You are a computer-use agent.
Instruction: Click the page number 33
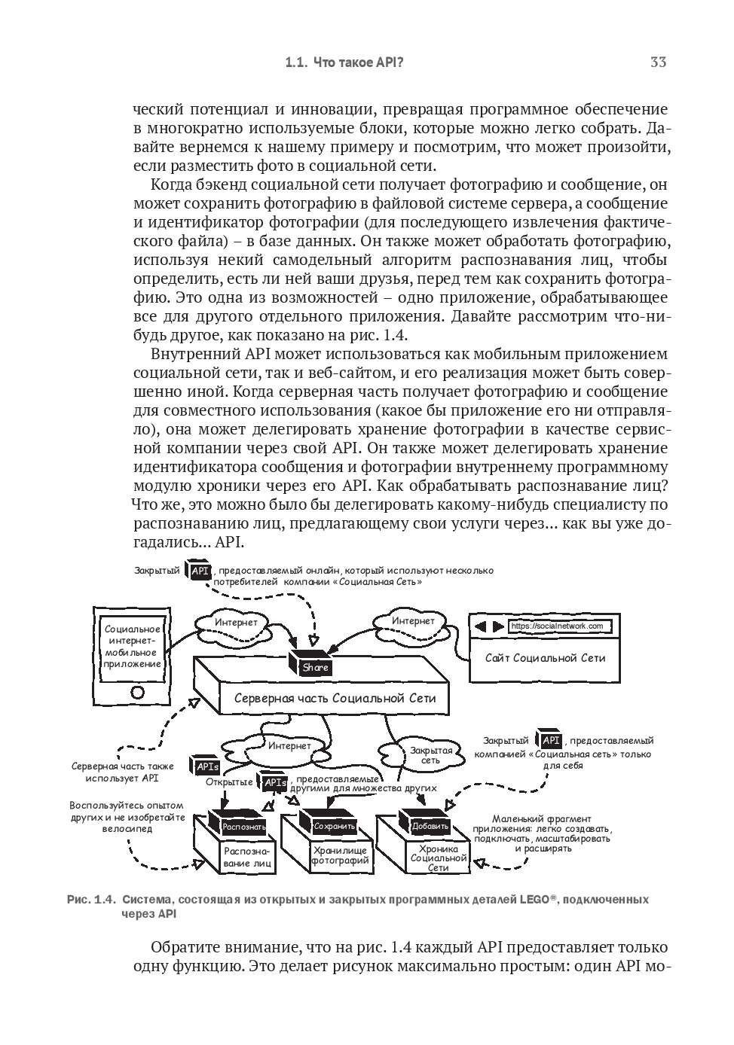(x=658, y=62)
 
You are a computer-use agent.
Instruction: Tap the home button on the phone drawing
(x=137, y=692)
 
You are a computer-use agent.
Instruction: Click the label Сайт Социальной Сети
(x=545, y=657)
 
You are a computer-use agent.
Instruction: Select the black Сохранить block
(x=334, y=826)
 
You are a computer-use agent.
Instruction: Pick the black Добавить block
(x=430, y=826)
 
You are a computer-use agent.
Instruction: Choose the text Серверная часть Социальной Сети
(x=335, y=698)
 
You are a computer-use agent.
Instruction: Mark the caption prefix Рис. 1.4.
(x=91, y=899)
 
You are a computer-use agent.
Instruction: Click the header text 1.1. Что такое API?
(x=344, y=63)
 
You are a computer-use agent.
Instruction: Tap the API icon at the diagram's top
(x=200, y=571)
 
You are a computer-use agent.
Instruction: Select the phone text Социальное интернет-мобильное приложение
(x=133, y=646)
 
